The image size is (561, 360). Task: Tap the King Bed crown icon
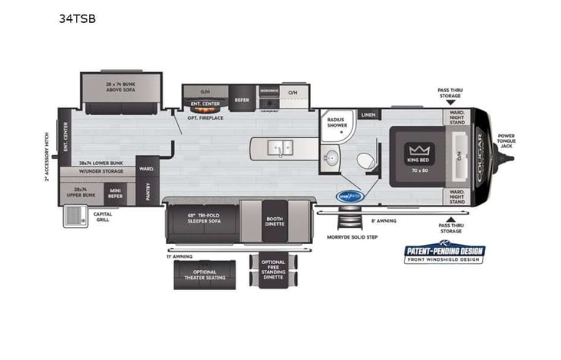click(x=418, y=148)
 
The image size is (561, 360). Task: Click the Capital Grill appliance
click(x=77, y=217)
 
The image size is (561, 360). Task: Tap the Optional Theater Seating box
click(x=203, y=274)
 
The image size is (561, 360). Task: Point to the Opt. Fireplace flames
click(x=204, y=109)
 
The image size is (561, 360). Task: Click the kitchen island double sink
click(x=280, y=146)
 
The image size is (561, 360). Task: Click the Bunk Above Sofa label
click(x=122, y=84)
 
